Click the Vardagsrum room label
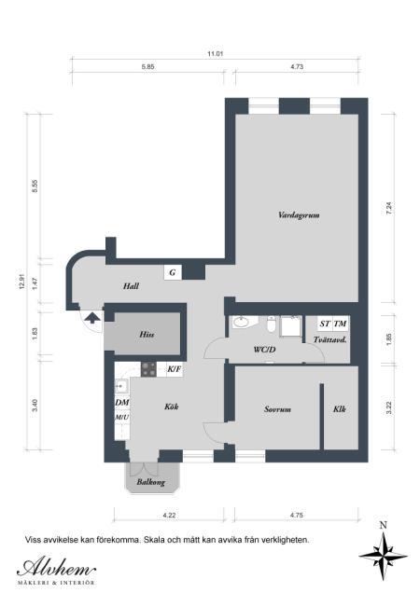click(x=299, y=215)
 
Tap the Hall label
click(x=131, y=286)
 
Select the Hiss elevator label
click(x=147, y=335)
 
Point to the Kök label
click(x=171, y=407)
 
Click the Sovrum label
click(x=277, y=409)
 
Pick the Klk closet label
click(x=340, y=409)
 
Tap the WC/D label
click(x=264, y=350)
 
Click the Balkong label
click(x=150, y=482)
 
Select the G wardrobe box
click(x=173, y=272)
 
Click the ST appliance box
click(x=325, y=324)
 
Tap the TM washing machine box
click(x=340, y=324)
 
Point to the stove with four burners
click(x=148, y=369)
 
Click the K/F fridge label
click(x=175, y=369)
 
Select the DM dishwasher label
click(x=122, y=403)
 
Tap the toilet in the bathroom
click(x=272, y=324)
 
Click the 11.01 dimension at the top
click(x=215, y=54)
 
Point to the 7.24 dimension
click(x=388, y=208)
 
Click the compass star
click(x=384, y=556)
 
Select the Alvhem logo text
click(x=56, y=567)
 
